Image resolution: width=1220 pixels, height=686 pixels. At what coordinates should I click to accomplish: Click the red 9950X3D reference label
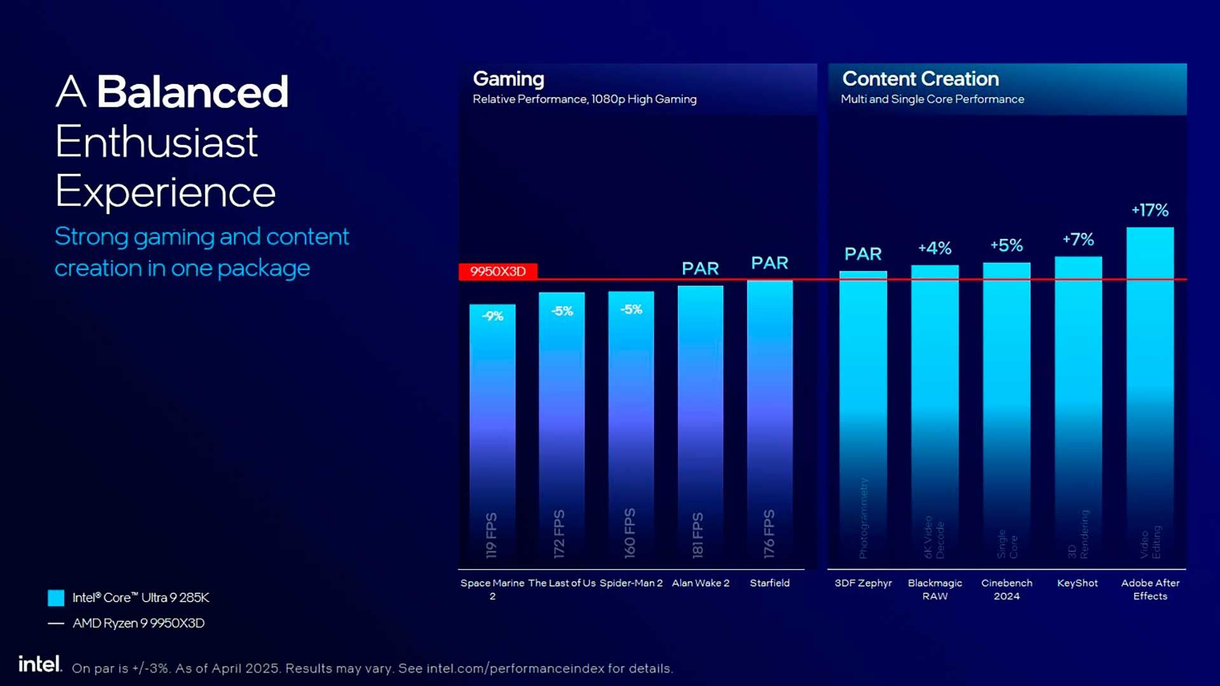pyautogui.click(x=498, y=272)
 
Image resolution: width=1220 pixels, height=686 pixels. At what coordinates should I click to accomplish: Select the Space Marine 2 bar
pyautogui.click(x=492, y=432)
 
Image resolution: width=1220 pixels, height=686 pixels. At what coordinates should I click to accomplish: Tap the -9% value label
pyautogui.click(x=492, y=316)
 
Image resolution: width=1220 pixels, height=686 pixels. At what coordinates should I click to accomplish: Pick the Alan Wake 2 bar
pyautogui.click(x=700, y=419)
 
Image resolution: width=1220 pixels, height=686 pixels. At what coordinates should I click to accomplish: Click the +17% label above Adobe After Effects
pyautogui.click(x=1150, y=210)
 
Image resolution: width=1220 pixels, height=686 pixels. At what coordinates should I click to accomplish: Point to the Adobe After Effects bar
pyautogui.click(x=1150, y=394)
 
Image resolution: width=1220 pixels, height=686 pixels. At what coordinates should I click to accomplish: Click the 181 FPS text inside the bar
pyautogui.click(x=698, y=535)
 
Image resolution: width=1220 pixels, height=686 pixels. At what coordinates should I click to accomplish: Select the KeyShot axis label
pyautogui.click(x=1078, y=583)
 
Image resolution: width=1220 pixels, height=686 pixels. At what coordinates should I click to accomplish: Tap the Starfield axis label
pyautogui.click(x=769, y=583)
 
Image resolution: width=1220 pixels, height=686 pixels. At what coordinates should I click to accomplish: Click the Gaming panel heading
pyautogui.click(x=508, y=79)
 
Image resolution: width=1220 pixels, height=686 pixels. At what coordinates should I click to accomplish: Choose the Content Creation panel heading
pyautogui.click(x=921, y=79)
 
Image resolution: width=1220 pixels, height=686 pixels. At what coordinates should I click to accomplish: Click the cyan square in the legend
pyautogui.click(x=56, y=598)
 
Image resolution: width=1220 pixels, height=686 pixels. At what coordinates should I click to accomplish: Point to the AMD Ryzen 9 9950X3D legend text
pyautogui.click(x=139, y=623)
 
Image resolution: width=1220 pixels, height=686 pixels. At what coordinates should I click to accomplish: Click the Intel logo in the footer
pyautogui.click(x=39, y=664)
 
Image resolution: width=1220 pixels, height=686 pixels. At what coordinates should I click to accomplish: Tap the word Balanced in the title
pyautogui.click(x=193, y=91)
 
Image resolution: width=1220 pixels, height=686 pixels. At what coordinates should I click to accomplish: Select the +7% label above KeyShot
pyautogui.click(x=1078, y=239)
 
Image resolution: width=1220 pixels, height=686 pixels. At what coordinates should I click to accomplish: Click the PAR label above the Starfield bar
pyautogui.click(x=769, y=263)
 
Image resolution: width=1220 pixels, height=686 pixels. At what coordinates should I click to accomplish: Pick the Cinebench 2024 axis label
pyautogui.click(x=1006, y=589)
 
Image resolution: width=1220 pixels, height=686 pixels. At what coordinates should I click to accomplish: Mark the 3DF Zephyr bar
pyautogui.click(x=863, y=419)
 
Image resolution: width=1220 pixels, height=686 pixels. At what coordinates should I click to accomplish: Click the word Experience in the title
pyautogui.click(x=165, y=192)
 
